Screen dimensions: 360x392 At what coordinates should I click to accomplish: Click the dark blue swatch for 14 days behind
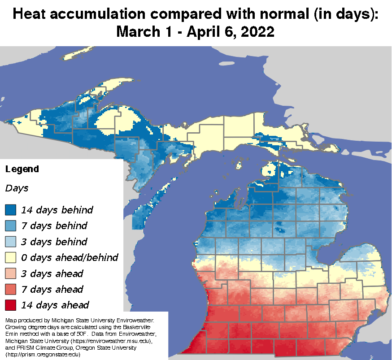pos(11,209)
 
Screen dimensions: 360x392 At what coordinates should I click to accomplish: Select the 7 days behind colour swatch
pos(11,226)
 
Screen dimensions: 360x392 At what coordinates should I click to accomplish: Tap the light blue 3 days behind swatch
pos(11,241)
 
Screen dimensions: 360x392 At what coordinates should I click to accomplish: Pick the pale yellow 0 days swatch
pos(11,257)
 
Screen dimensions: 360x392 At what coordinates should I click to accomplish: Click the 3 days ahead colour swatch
pos(11,273)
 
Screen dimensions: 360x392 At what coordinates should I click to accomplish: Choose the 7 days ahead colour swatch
pos(11,289)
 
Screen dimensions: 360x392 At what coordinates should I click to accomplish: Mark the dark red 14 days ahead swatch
pos(11,305)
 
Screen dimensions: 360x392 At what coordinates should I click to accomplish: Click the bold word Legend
pos(22,169)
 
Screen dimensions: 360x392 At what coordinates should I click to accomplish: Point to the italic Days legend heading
pos(17,188)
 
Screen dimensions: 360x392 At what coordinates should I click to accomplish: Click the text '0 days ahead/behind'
pos(70,257)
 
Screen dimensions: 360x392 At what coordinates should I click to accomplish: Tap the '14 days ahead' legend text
pos(54,305)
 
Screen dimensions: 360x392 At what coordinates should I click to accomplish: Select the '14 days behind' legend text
pos(57,209)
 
